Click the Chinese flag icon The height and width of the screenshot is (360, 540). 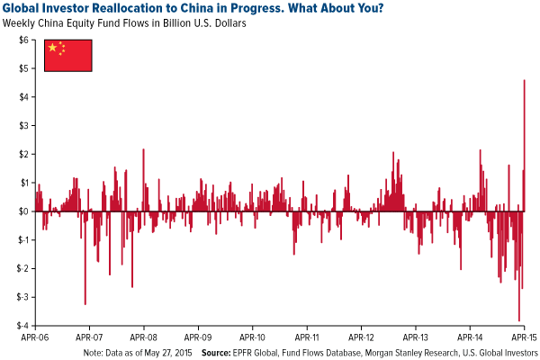point(67,56)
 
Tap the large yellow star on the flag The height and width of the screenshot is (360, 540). point(53,48)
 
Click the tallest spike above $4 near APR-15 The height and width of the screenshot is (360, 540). point(525,83)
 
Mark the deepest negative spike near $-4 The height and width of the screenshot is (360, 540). point(519,319)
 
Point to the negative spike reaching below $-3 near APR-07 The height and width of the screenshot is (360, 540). point(85,302)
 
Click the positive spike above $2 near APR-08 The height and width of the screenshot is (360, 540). point(143,151)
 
